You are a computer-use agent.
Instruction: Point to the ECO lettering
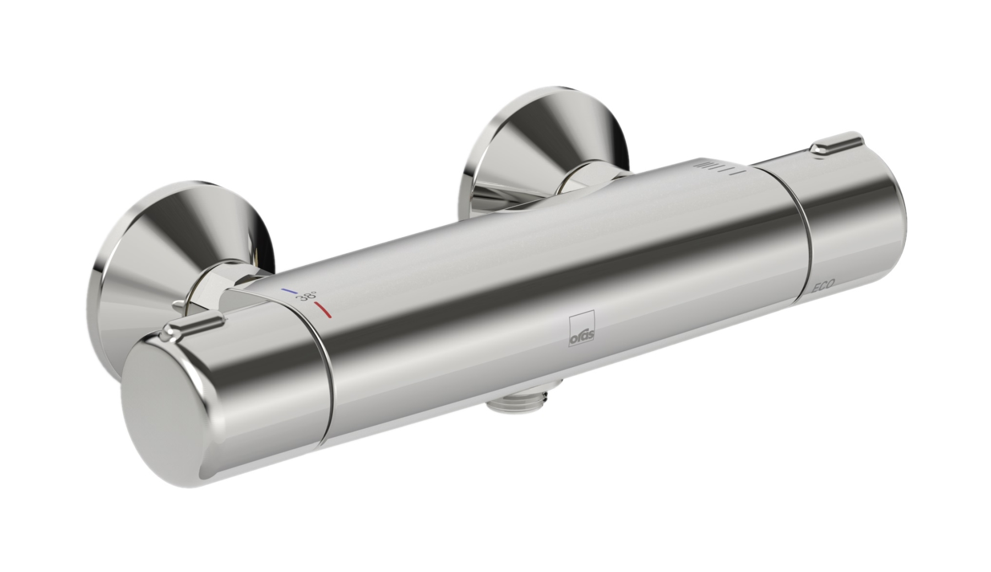pos(823,285)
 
